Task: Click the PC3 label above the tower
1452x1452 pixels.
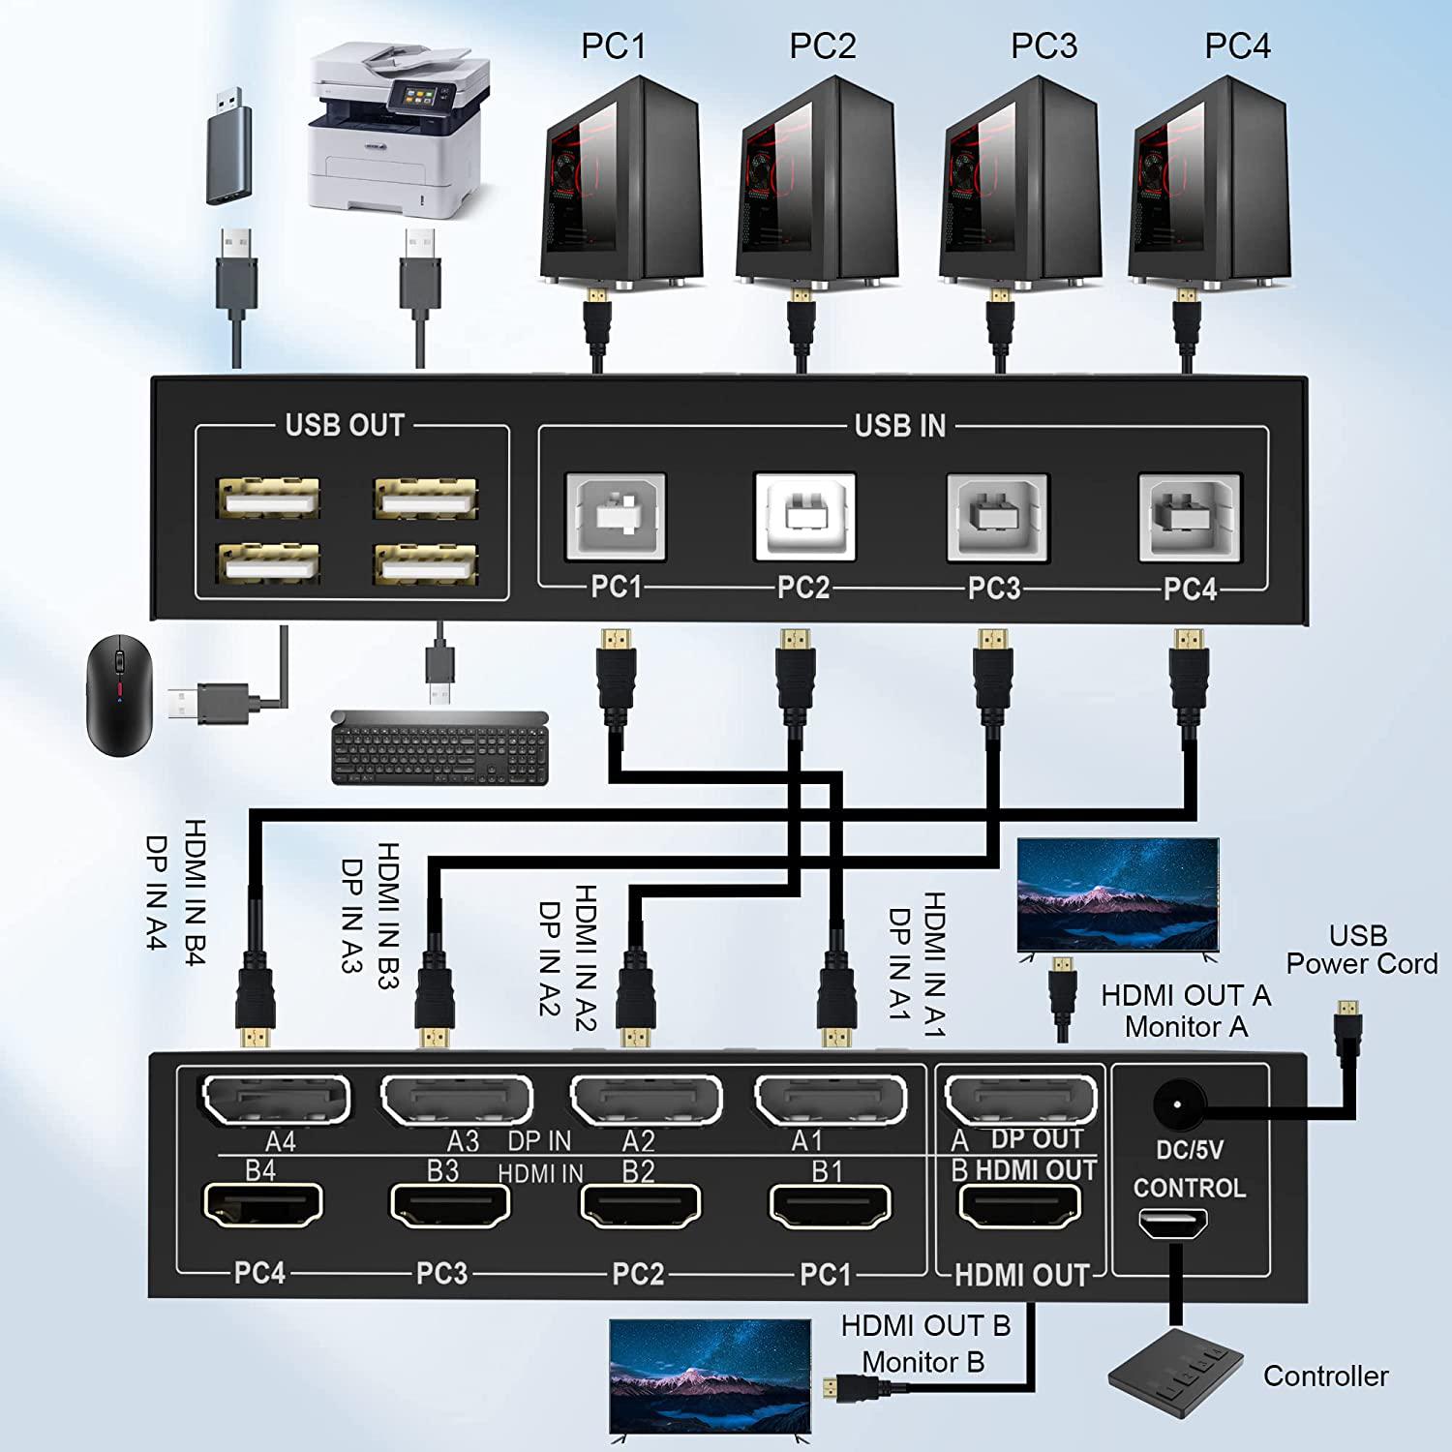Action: pos(1044,45)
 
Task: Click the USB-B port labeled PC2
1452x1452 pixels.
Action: pos(804,516)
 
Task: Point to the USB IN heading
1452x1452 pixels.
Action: pos(900,426)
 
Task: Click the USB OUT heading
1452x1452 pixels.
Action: pos(344,426)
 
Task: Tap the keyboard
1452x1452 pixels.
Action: pos(439,747)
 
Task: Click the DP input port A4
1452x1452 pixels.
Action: pos(276,1100)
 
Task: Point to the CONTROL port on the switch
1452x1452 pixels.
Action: pos(1172,1225)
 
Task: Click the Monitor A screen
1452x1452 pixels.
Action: pos(1117,895)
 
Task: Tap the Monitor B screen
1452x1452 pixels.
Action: pos(711,1375)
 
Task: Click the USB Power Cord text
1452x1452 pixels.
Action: pos(1360,950)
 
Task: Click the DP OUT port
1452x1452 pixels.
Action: pos(1020,1100)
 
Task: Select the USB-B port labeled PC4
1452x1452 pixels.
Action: pos(1190,516)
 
